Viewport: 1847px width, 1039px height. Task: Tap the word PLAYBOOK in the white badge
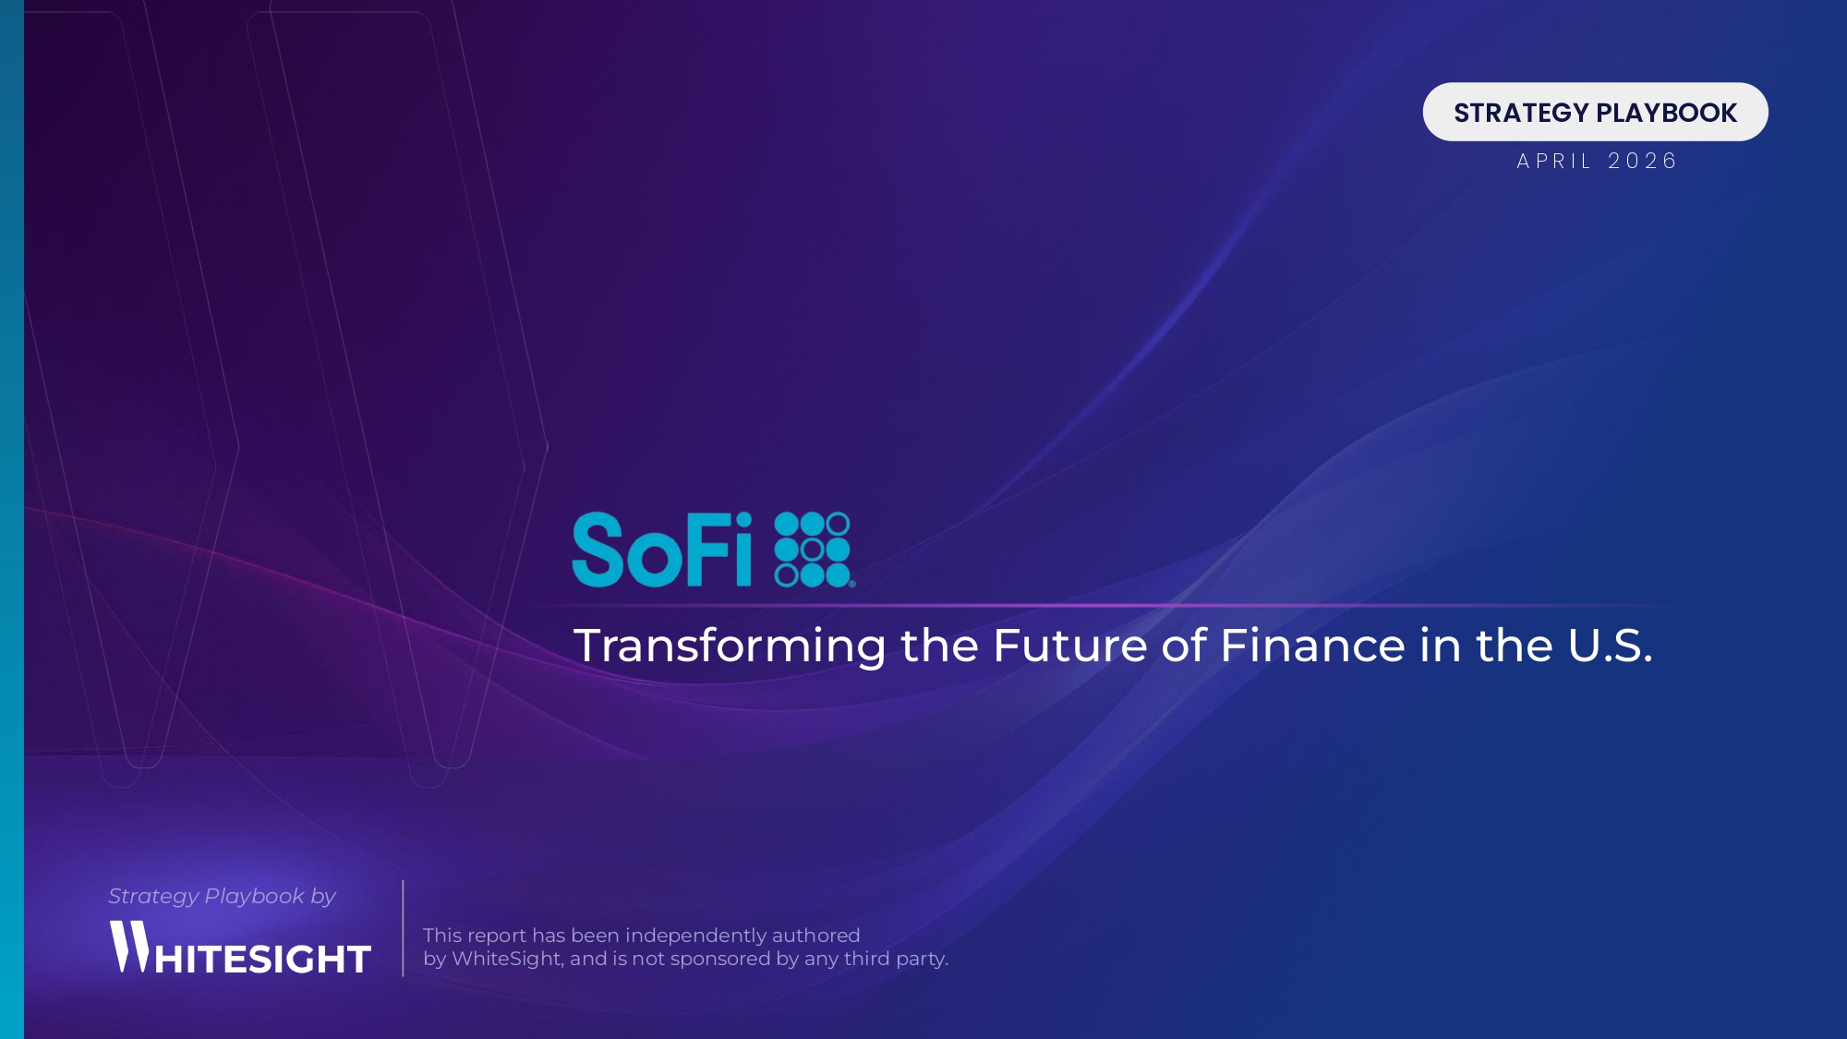click(x=1667, y=113)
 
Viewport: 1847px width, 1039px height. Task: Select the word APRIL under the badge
click(x=1554, y=162)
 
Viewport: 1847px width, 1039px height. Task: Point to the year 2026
click(x=1642, y=162)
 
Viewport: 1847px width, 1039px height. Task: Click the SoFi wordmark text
click(x=662, y=550)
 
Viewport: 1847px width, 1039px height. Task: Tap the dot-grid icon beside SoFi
click(x=813, y=550)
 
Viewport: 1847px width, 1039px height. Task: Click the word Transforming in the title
click(x=730, y=646)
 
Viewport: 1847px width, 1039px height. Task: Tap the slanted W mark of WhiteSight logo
click(x=129, y=946)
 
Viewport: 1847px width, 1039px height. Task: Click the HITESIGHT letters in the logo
click(x=263, y=960)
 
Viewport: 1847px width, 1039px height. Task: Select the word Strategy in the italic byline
click(x=153, y=896)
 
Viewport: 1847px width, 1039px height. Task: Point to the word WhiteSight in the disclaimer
click(x=507, y=959)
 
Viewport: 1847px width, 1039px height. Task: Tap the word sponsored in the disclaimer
click(x=720, y=959)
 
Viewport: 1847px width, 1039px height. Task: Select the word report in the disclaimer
click(x=497, y=936)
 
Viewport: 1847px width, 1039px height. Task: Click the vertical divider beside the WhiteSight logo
click(x=403, y=928)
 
